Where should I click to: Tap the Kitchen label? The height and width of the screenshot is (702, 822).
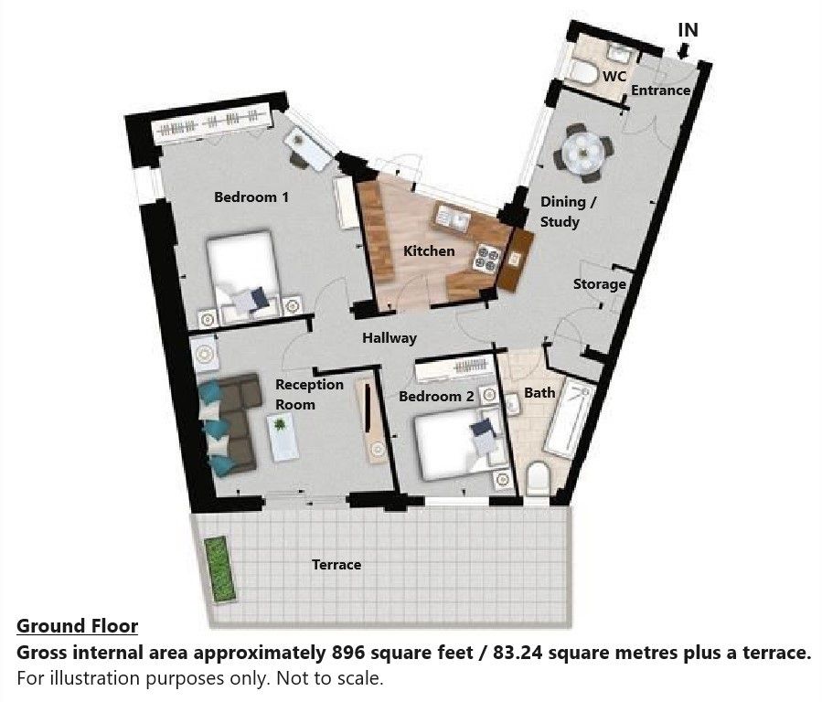pyautogui.click(x=429, y=251)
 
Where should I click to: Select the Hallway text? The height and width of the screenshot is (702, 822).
pyautogui.click(x=390, y=338)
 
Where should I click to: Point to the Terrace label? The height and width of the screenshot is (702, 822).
pyautogui.click(x=336, y=565)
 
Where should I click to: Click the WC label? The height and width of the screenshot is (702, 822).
pyautogui.click(x=614, y=77)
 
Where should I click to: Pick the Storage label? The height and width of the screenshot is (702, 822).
pyautogui.click(x=599, y=284)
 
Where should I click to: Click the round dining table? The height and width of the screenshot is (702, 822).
pyautogui.click(x=583, y=152)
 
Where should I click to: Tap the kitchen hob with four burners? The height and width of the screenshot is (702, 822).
pyautogui.click(x=486, y=259)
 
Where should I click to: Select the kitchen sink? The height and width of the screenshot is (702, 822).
pyautogui.click(x=453, y=218)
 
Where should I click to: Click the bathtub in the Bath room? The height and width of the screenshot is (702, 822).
pyautogui.click(x=570, y=420)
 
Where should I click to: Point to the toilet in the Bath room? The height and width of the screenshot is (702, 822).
pyautogui.click(x=537, y=478)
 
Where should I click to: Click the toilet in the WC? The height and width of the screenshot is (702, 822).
pyautogui.click(x=583, y=73)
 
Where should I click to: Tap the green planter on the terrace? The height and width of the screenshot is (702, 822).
pyautogui.click(x=219, y=569)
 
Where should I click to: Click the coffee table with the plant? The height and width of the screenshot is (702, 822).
pyautogui.click(x=283, y=438)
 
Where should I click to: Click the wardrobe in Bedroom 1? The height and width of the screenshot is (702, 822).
pyautogui.click(x=212, y=127)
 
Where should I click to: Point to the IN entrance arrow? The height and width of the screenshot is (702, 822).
pyautogui.click(x=683, y=51)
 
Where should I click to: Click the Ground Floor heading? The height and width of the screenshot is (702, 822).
pyautogui.click(x=77, y=626)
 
